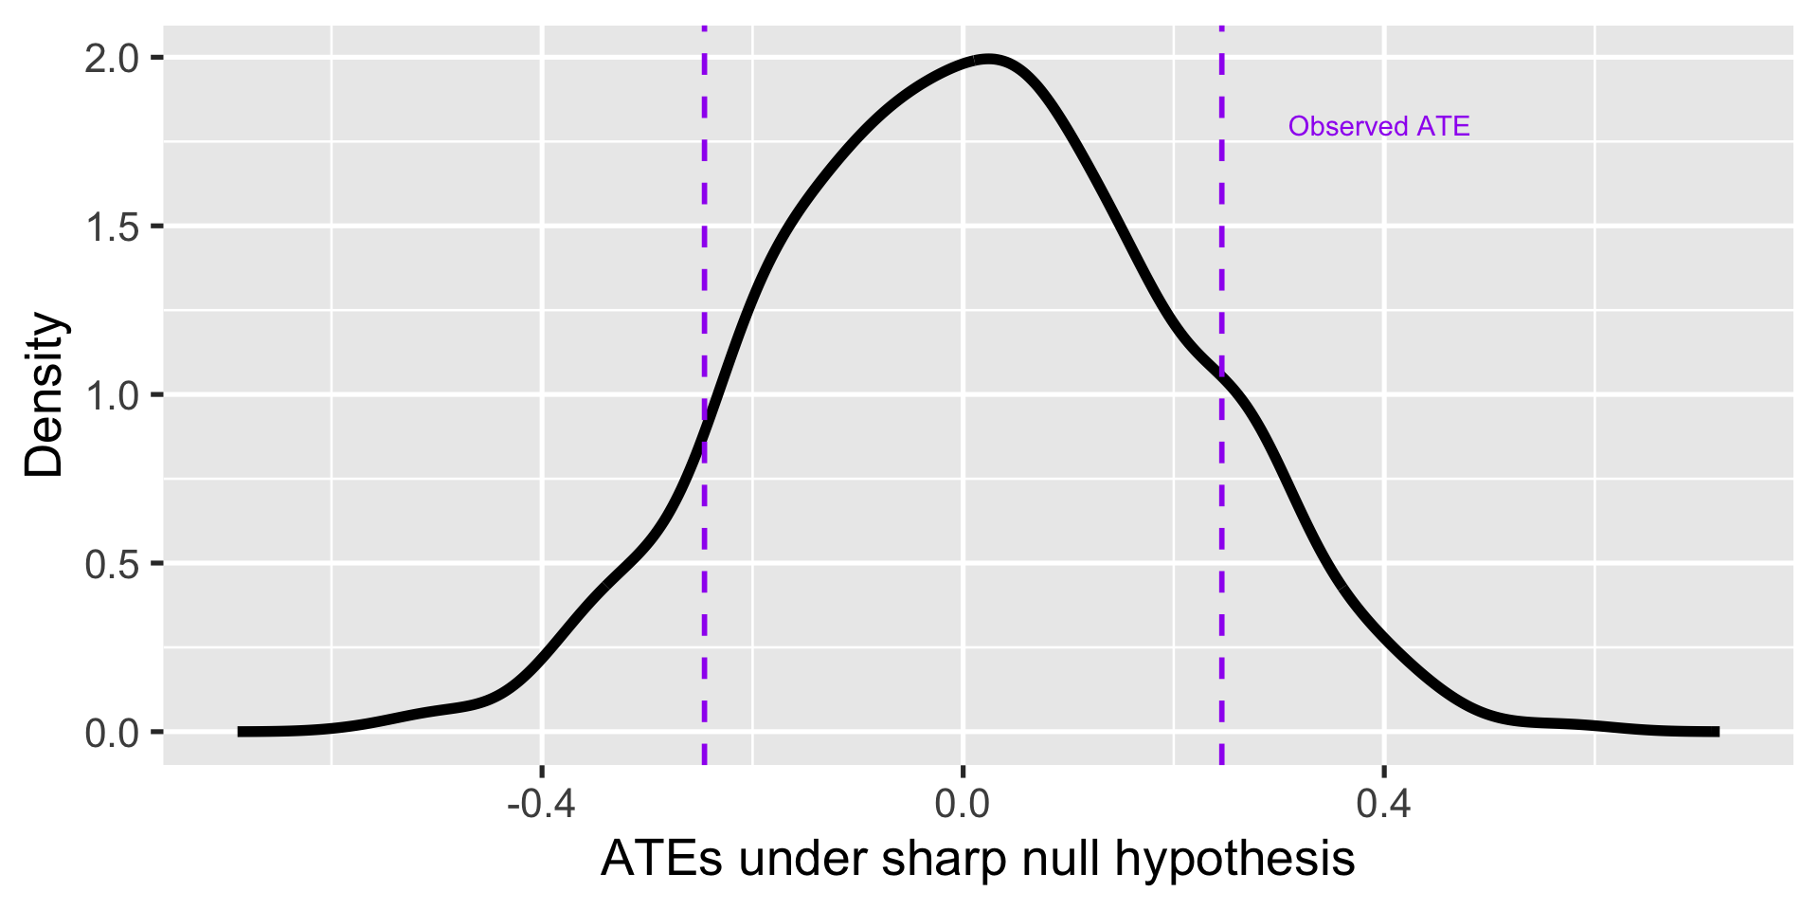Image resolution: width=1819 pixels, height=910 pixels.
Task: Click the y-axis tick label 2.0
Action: [112, 59]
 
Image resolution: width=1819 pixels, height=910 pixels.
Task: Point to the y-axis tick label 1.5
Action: [112, 227]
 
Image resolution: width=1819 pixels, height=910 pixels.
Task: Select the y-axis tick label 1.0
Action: [112, 395]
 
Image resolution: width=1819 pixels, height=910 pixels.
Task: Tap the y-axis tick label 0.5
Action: [112, 564]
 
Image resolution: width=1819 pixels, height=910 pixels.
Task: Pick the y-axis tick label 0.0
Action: [112, 733]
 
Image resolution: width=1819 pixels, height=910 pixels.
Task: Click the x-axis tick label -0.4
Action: [541, 804]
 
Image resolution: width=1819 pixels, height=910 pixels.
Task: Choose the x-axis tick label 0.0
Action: [963, 804]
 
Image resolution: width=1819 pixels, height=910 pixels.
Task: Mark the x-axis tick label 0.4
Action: [1384, 804]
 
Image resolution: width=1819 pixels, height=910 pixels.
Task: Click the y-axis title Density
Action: [44, 394]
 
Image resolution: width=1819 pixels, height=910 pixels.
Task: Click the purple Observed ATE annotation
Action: [1378, 126]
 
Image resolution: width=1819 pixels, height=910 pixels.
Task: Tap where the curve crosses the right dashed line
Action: [1221, 375]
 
